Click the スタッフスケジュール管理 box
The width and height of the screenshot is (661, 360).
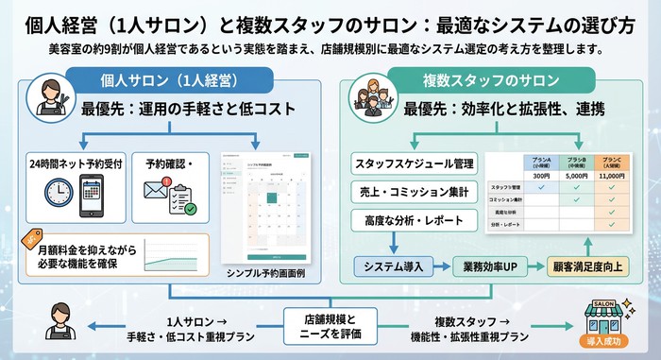tap(412, 163)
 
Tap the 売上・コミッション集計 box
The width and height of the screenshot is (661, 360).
tap(412, 193)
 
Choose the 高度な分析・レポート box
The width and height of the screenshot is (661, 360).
tap(412, 221)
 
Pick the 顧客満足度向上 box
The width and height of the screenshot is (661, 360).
tap(592, 266)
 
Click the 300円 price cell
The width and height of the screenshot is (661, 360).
tap(540, 176)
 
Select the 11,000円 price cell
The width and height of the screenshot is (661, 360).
tap(616, 176)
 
